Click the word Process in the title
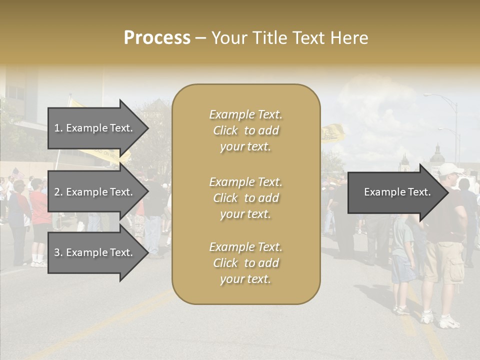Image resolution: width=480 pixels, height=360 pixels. point(157,38)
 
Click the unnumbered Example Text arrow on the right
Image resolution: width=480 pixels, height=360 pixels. point(397,192)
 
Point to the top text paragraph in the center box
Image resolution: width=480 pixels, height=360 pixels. point(245,130)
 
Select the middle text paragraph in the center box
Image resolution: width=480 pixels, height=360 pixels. point(245,198)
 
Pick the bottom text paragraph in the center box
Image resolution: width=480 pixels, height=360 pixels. point(245,263)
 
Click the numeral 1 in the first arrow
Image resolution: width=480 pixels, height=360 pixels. point(57,128)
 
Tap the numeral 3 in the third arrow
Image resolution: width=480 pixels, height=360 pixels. point(57,252)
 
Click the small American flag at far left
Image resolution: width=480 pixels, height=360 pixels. point(18,173)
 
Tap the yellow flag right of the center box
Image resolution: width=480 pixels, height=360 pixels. point(332,133)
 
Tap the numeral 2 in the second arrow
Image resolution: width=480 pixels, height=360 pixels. point(57,192)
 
